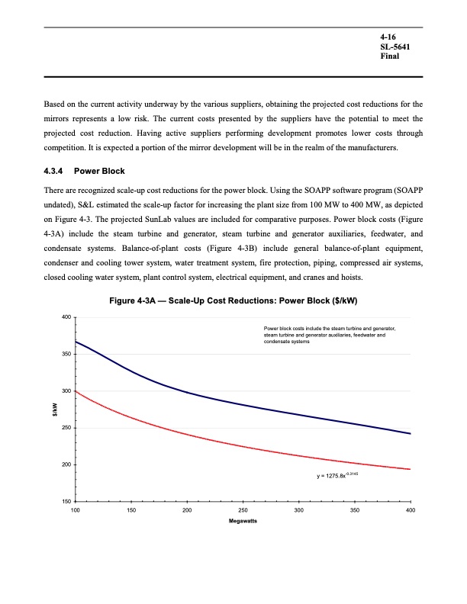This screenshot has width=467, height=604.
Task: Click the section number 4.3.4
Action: (x=56, y=170)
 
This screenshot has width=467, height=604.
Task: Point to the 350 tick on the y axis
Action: (x=66, y=355)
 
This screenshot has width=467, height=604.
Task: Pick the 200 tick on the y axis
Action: (x=66, y=465)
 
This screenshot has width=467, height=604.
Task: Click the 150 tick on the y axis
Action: (x=66, y=502)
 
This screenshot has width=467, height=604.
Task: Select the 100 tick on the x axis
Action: (x=76, y=509)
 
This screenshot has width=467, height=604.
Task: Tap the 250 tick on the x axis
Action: (x=243, y=509)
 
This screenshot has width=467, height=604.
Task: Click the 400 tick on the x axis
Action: (x=411, y=509)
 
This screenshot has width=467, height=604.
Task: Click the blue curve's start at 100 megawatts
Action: (x=76, y=342)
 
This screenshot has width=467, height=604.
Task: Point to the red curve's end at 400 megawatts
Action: (x=411, y=469)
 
